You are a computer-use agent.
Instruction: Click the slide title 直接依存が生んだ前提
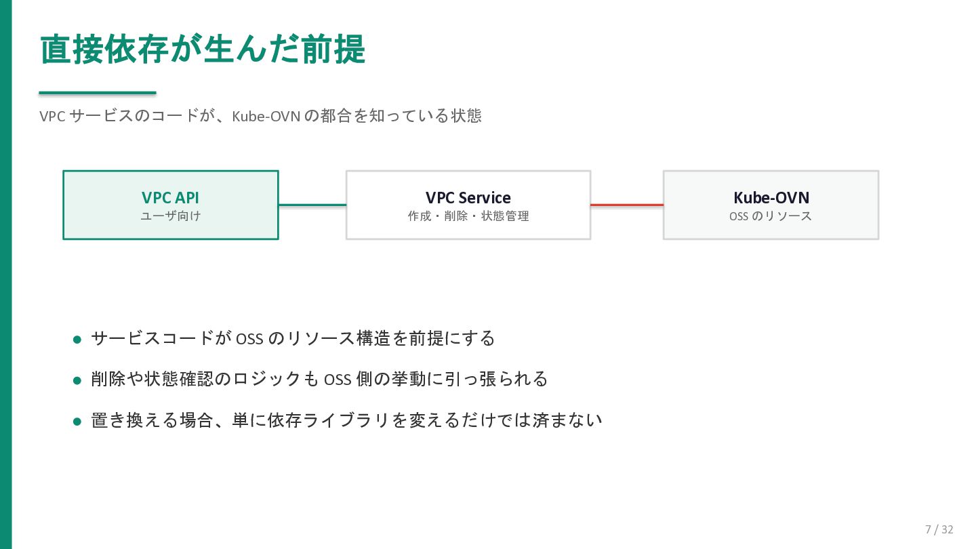[203, 49]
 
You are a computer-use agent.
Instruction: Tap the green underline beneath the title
[98, 92]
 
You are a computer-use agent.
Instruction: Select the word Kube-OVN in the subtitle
[266, 117]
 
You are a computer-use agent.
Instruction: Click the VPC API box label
[170, 197]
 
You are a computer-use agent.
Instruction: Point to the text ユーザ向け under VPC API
[170, 216]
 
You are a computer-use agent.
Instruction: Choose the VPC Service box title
[468, 198]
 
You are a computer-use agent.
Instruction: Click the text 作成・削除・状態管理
[468, 216]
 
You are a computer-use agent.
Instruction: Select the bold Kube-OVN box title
[771, 198]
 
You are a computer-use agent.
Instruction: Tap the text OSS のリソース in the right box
[771, 216]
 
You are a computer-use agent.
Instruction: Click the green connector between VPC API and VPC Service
[312, 205]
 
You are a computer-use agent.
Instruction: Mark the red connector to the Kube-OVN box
[627, 205]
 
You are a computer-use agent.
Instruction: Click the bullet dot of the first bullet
[77, 340]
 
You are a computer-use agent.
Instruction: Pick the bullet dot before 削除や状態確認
[77, 380]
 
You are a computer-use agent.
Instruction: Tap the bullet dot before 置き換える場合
[77, 422]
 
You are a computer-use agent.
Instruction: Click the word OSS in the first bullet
[249, 339]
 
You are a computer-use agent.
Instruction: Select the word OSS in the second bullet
[338, 380]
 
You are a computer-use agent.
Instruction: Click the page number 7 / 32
[939, 529]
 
